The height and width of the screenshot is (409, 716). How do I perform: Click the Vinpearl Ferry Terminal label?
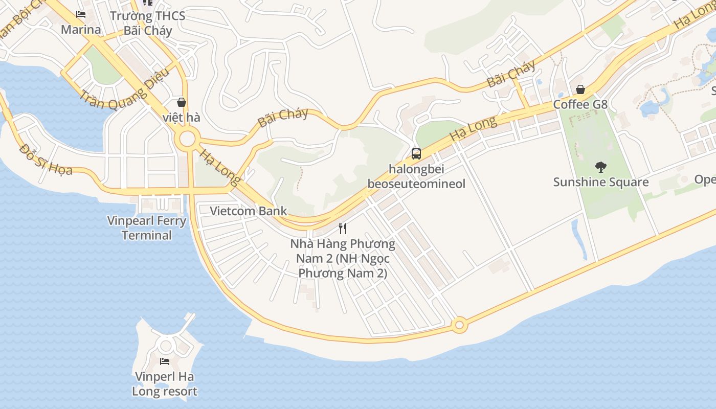pyautogui.click(x=147, y=228)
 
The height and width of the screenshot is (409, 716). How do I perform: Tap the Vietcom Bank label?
pyautogui.click(x=249, y=211)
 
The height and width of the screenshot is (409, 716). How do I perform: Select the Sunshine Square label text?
pyautogui.click(x=600, y=182)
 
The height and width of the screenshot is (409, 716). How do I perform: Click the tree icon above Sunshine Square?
pyautogui.click(x=601, y=167)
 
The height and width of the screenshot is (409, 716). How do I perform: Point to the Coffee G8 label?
pyautogui.click(x=580, y=104)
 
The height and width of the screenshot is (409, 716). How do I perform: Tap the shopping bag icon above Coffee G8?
pyautogui.click(x=580, y=90)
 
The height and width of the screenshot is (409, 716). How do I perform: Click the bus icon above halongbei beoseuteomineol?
pyautogui.click(x=416, y=153)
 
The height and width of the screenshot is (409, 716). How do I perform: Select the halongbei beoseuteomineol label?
pyautogui.click(x=416, y=176)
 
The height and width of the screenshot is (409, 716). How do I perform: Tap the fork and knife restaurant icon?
pyautogui.click(x=343, y=228)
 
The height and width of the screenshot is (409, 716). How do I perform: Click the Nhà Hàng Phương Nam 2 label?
pyautogui.click(x=343, y=258)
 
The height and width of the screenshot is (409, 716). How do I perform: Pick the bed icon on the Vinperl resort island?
pyautogui.click(x=165, y=361)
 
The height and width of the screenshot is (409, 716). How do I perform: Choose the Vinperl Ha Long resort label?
pyautogui.click(x=165, y=384)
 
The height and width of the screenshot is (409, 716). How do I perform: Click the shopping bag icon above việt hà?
pyautogui.click(x=181, y=102)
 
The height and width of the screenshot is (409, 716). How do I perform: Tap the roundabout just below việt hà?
pyautogui.click(x=188, y=138)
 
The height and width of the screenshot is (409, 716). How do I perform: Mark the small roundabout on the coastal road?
pyautogui.click(x=459, y=325)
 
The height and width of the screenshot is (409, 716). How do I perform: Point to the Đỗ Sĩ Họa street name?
pyautogui.click(x=46, y=158)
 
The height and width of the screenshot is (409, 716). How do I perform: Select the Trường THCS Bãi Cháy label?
pyautogui.click(x=148, y=23)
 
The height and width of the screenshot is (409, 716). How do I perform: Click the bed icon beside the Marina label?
pyautogui.click(x=80, y=14)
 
